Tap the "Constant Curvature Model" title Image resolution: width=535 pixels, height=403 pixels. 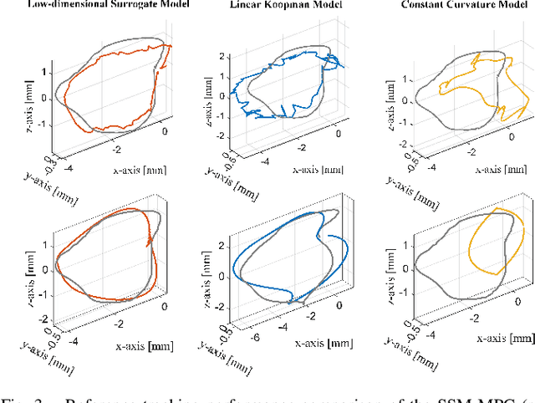click(x=451, y=6)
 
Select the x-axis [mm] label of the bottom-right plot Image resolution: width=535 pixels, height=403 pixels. click(x=503, y=338)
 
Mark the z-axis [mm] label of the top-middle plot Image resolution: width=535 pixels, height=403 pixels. click(x=196, y=94)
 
